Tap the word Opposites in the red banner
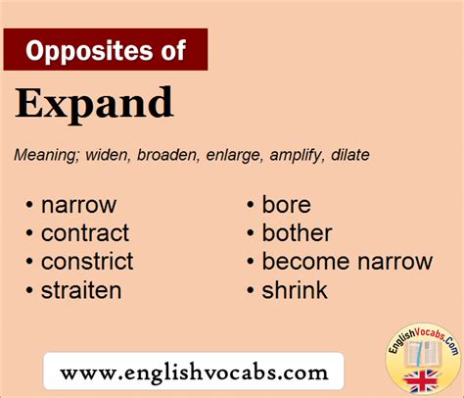(x=88, y=51)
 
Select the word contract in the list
(x=85, y=233)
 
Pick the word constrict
(x=87, y=262)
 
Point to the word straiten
(x=81, y=290)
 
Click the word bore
(x=287, y=205)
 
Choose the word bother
(x=297, y=233)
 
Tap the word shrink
(x=295, y=290)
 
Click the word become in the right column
(x=306, y=262)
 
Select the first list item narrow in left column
(x=78, y=206)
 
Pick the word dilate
(x=350, y=155)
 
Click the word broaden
(x=168, y=155)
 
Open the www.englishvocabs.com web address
(x=194, y=373)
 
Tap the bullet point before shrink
(x=251, y=290)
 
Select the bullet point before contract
(x=29, y=233)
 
